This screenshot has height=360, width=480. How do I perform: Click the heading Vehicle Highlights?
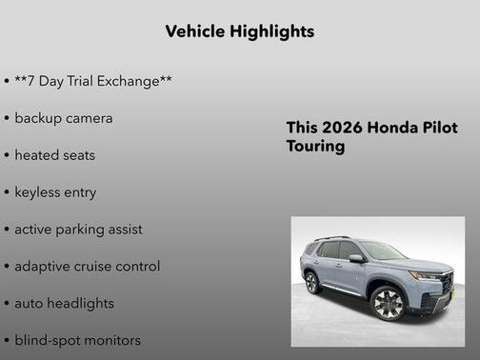239,31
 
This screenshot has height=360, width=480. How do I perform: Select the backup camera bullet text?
64,118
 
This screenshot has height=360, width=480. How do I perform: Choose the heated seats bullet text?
54,155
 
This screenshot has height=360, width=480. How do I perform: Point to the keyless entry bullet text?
55,192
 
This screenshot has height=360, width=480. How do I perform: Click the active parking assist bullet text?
78,230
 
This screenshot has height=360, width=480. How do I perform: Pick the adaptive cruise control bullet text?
87,267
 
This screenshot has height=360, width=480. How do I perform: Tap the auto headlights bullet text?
64,304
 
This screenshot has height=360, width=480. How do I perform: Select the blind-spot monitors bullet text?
77,340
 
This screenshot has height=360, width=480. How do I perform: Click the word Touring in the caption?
315,148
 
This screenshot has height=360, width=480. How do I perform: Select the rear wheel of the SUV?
311,282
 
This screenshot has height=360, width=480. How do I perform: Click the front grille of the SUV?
448,284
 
